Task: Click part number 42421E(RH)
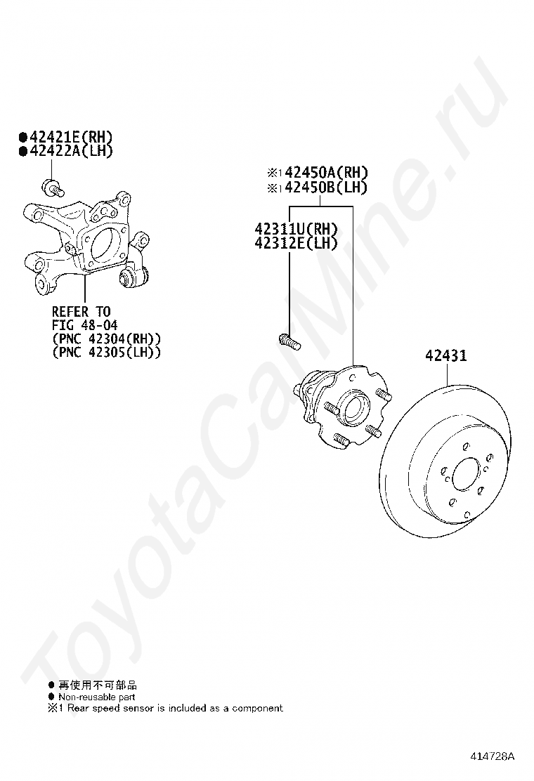click(71, 137)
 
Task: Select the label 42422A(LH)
click(71, 151)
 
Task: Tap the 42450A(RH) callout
click(326, 173)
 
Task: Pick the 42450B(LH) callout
click(326, 188)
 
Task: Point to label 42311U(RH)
click(297, 229)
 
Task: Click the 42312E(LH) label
click(297, 243)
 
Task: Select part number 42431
click(446, 355)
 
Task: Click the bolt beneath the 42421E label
click(52, 188)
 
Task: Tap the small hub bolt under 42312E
click(288, 342)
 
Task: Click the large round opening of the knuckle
click(106, 244)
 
